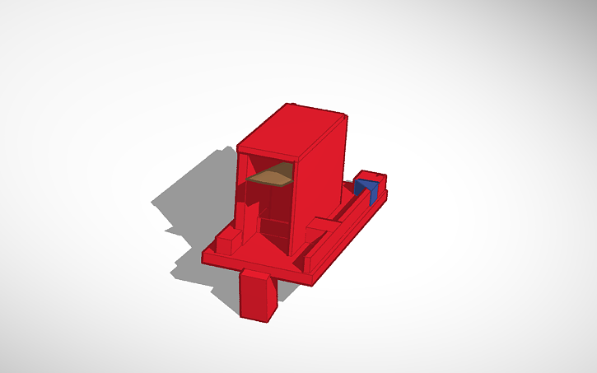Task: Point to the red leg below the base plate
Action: pyautogui.click(x=258, y=298)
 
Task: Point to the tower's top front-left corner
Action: pyautogui.click(x=238, y=148)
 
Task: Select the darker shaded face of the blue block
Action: pyautogui.click(x=372, y=194)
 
